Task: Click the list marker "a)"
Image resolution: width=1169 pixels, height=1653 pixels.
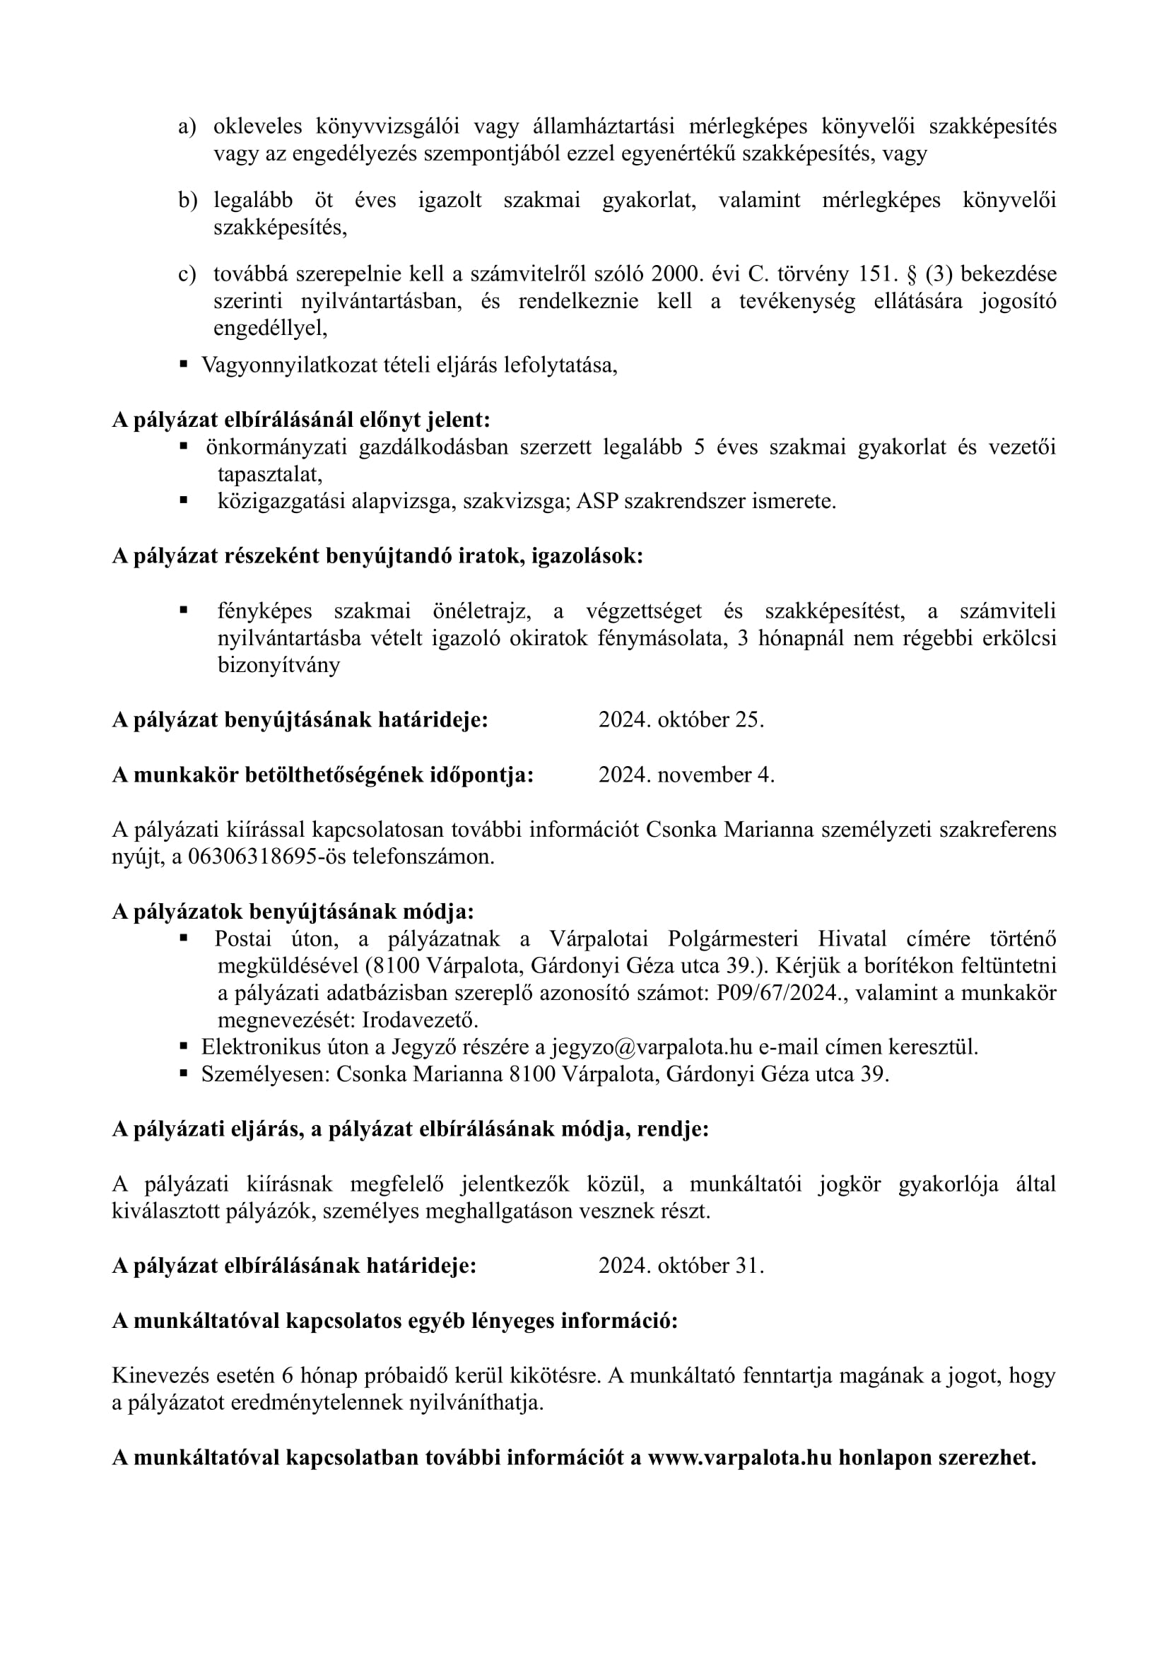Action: click(187, 127)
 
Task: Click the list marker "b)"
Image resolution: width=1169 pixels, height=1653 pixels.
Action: click(187, 200)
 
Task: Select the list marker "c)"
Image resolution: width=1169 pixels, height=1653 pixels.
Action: click(187, 274)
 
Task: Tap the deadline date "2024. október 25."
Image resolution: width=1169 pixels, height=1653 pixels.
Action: click(681, 720)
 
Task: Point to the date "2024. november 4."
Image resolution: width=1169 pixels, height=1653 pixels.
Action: click(686, 775)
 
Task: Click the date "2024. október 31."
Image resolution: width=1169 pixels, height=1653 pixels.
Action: click(681, 1266)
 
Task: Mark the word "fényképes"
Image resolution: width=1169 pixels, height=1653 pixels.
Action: click(265, 611)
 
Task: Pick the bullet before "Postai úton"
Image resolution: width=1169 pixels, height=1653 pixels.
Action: click(184, 938)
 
